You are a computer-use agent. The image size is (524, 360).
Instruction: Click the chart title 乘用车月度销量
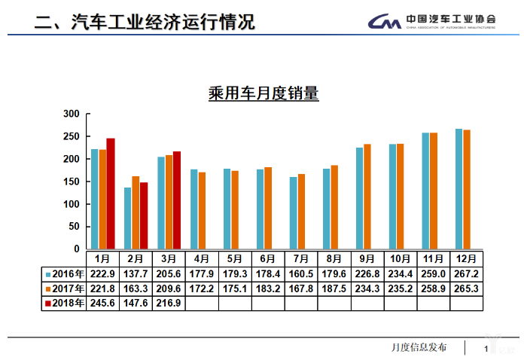click(x=264, y=94)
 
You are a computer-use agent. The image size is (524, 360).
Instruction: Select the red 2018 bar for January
click(x=111, y=194)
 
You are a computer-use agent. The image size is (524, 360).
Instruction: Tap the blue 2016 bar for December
click(x=458, y=188)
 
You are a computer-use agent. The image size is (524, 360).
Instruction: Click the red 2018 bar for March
click(x=177, y=200)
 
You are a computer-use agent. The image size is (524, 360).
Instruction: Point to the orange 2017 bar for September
click(x=367, y=197)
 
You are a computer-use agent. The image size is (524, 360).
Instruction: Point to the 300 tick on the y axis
click(x=72, y=114)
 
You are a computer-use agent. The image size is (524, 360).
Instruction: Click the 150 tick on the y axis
click(x=72, y=182)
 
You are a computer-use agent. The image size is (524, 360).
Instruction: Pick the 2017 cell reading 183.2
click(x=269, y=288)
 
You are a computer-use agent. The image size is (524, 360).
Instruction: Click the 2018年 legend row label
click(x=65, y=303)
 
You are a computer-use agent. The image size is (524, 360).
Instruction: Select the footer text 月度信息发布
click(x=419, y=347)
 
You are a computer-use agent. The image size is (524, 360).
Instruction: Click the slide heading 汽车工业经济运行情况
click(x=162, y=22)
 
